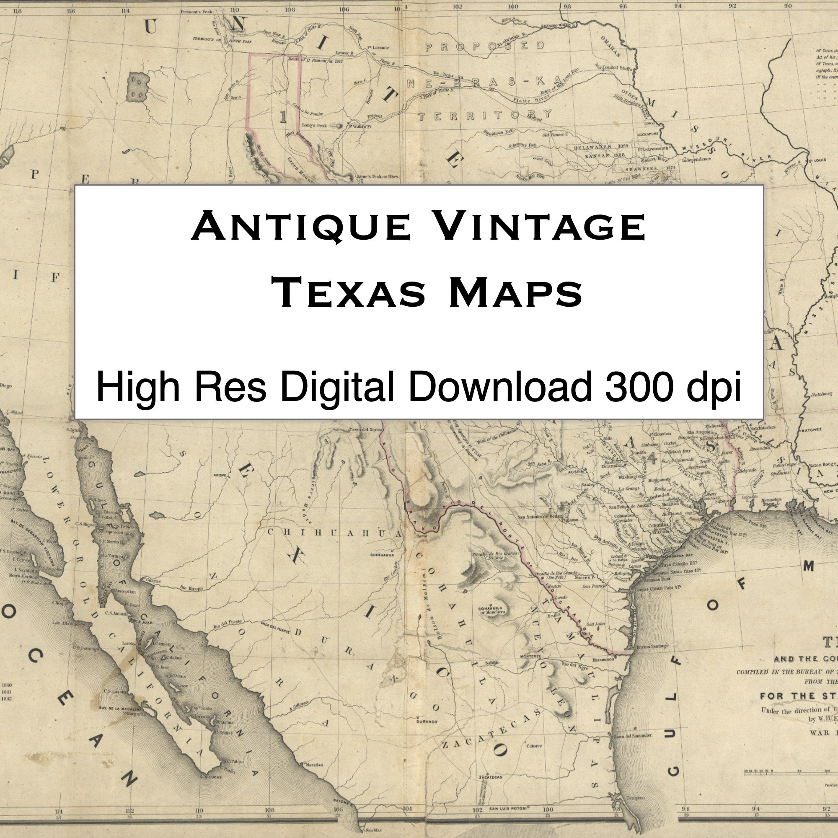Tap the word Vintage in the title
click(540, 227)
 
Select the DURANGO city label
click(427, 722)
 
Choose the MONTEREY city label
click(529, 656)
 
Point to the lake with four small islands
click(138, 87)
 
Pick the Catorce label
click(534, 746)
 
